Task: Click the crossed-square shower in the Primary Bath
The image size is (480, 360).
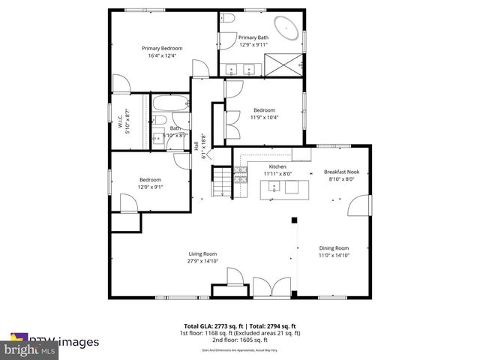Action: [285, 65]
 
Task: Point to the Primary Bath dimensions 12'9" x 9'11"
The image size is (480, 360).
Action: [253, 44]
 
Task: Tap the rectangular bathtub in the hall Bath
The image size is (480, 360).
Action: [163, 103]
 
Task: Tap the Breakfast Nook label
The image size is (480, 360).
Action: [341, 172]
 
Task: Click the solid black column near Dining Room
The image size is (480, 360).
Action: [295, 221]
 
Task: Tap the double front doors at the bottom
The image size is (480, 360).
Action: [269, 287]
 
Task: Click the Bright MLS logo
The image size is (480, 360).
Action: [30, 349]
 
